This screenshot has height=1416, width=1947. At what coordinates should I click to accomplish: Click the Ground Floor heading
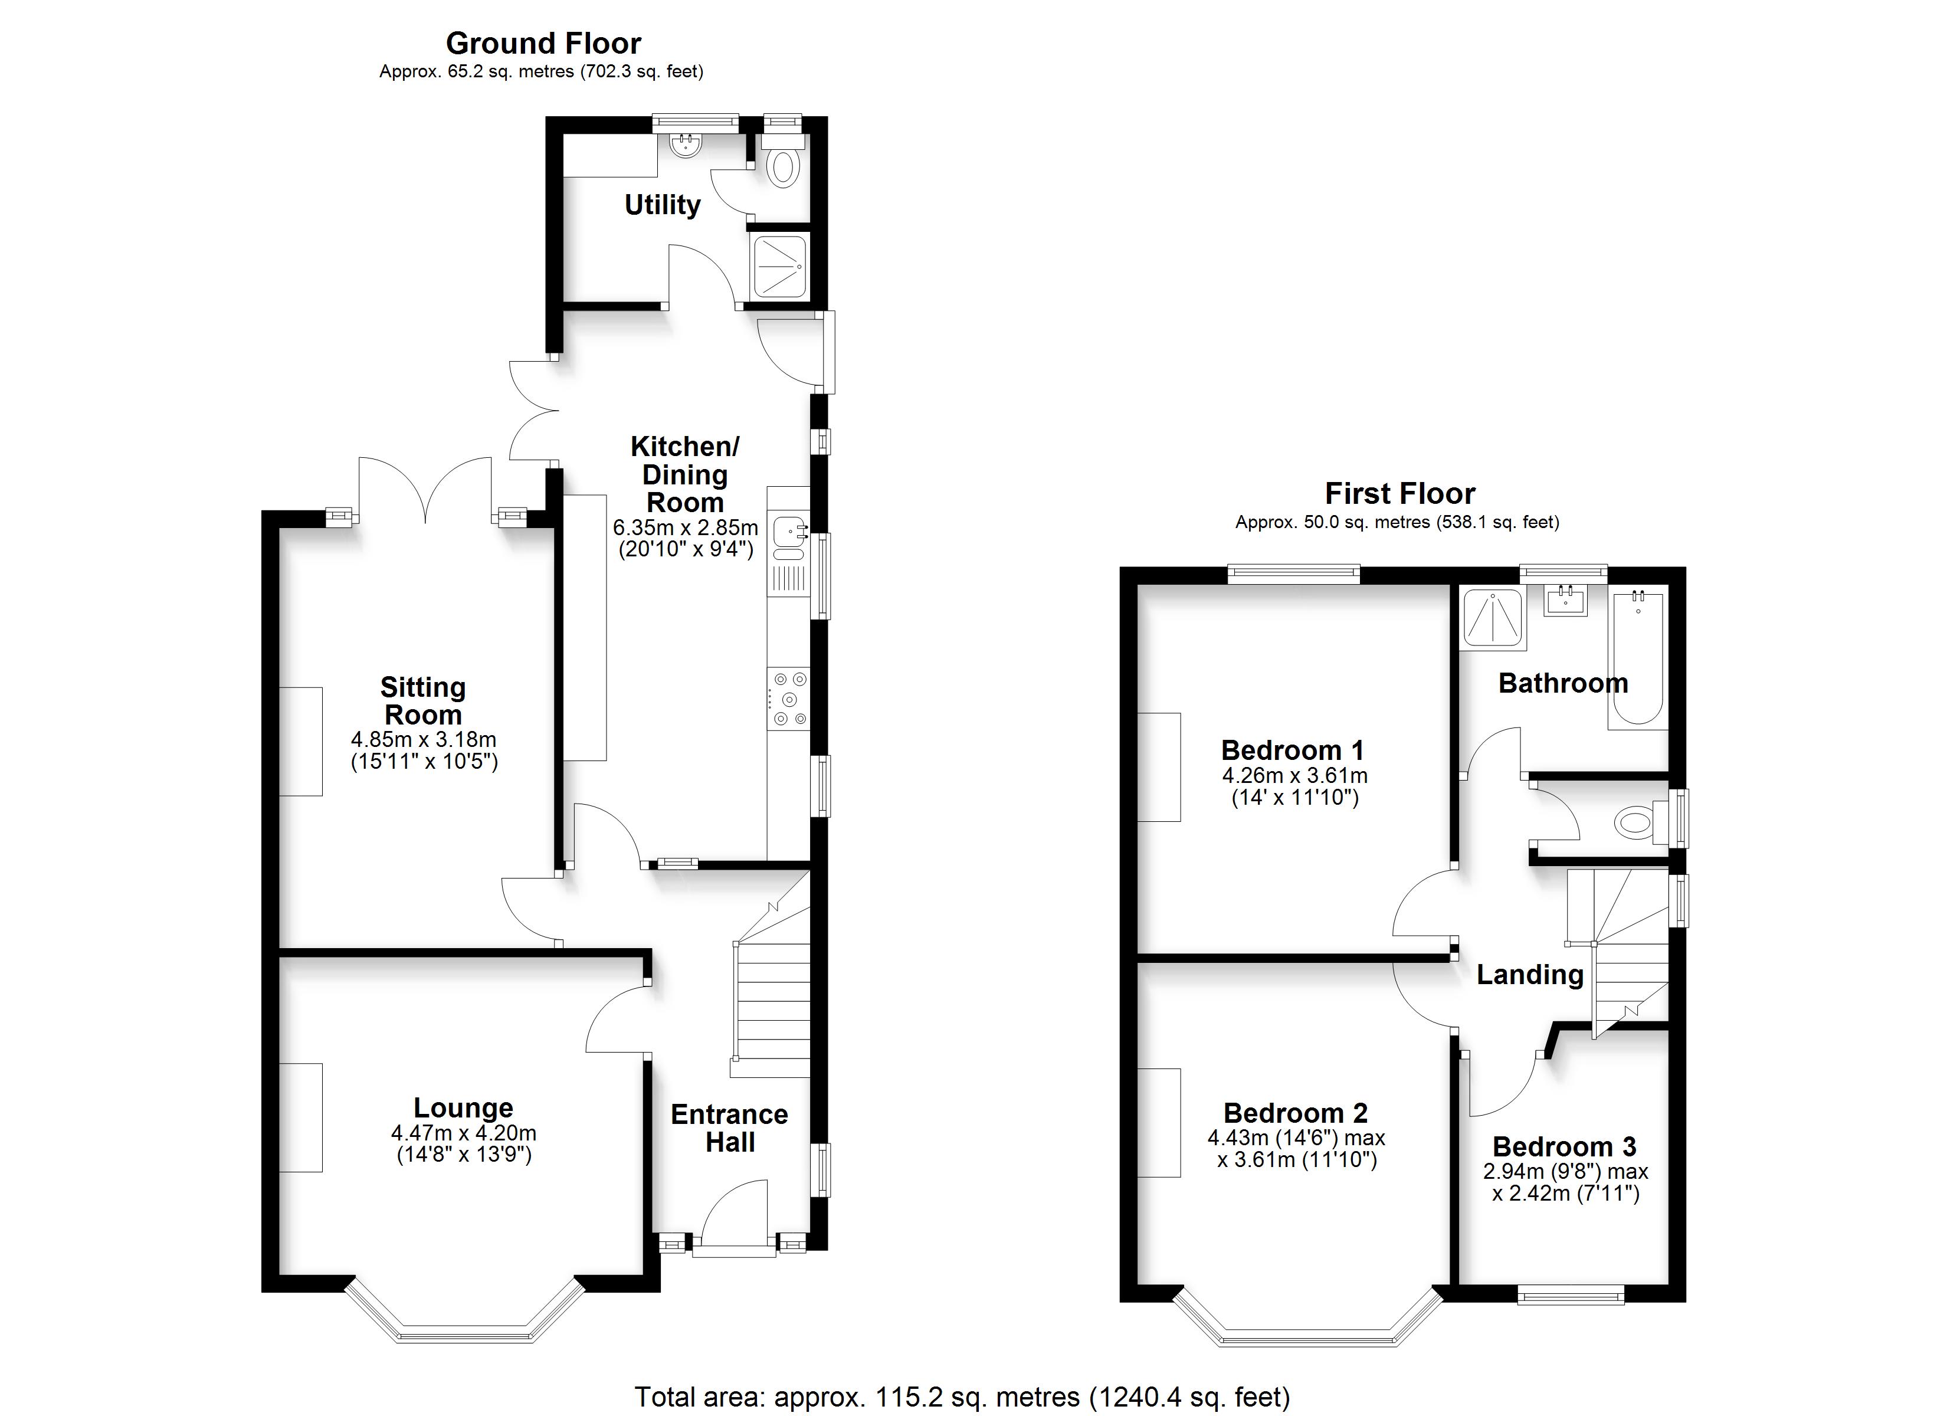point(543,43)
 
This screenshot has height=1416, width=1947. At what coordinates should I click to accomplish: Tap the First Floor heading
point(1400,494)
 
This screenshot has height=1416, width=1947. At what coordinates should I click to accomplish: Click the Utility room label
point(662,205)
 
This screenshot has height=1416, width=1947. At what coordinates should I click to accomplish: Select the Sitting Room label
point(423,701)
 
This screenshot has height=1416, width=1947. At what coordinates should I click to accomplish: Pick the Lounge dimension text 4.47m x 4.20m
point(464,1133)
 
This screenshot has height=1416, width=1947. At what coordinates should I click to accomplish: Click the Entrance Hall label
point(730,1128)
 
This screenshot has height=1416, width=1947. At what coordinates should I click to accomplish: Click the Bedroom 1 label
point(1293,750)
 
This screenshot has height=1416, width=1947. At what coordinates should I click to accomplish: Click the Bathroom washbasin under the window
point(1566,599)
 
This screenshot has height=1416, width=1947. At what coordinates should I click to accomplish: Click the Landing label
point(1530,975)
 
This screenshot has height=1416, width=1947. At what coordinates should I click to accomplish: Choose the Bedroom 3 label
point(1564,1146)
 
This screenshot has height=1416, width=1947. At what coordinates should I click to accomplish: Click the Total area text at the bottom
point(962,1397)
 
